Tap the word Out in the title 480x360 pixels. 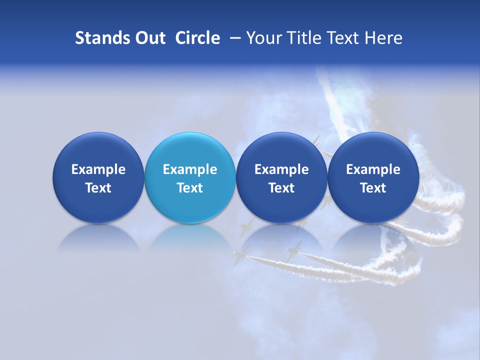coord(148,38)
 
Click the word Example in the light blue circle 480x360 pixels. coord(189,169)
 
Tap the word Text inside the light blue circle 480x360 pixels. coord(189,188)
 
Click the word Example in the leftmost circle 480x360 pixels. coord(98,169)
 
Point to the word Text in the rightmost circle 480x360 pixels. coord(373,188)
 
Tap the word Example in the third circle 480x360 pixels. coord(281,169)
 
